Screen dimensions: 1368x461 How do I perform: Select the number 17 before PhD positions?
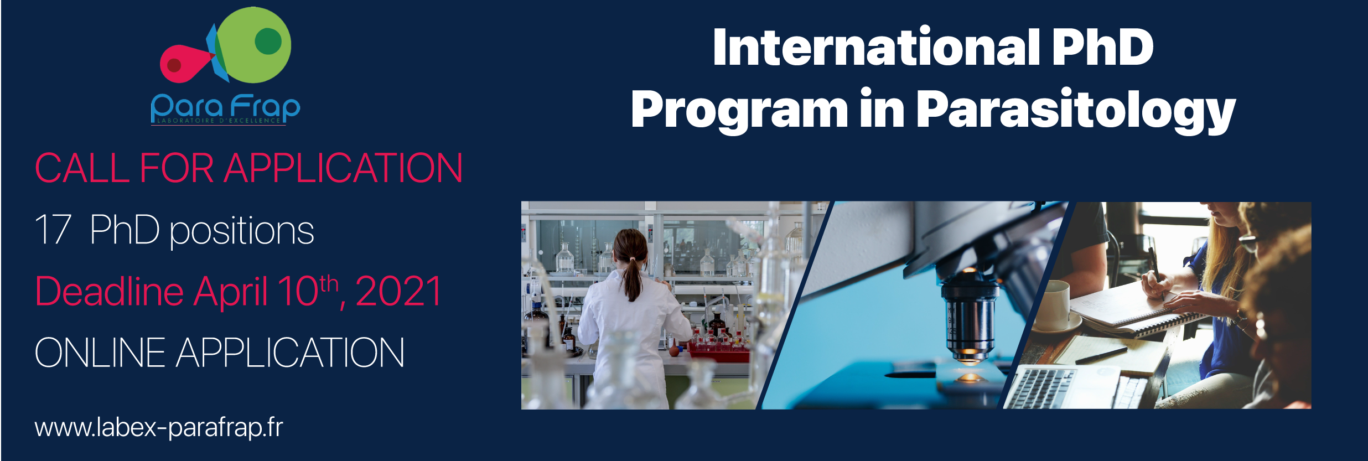pyautogui.click(x=53, y=230)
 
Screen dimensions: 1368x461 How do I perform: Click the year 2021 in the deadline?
pyautogui.click(x=398, y=291)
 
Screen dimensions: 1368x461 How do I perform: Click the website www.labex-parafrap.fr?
pyautogui.click(x=159, y=427)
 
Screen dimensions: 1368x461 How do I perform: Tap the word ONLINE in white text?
pyautogui.click(x=100, y=353)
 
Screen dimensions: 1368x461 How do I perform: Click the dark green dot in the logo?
pyautogui.click(x=268, y=41)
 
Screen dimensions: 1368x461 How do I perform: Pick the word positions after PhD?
pyautogui.click(x=241, y=232)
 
